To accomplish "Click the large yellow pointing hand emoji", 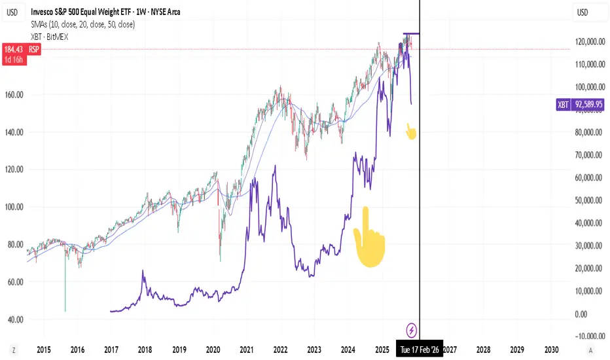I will coord(368,238).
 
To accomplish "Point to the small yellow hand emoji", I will coord(410,132).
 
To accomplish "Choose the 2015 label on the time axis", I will coord(45,350).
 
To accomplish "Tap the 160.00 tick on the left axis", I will coord(14,94).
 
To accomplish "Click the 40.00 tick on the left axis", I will coord(14,319).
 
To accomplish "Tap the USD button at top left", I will coord(13,12).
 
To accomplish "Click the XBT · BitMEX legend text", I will coord(49,37).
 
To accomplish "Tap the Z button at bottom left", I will coord(14,350).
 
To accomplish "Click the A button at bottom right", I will coord(592,350).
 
